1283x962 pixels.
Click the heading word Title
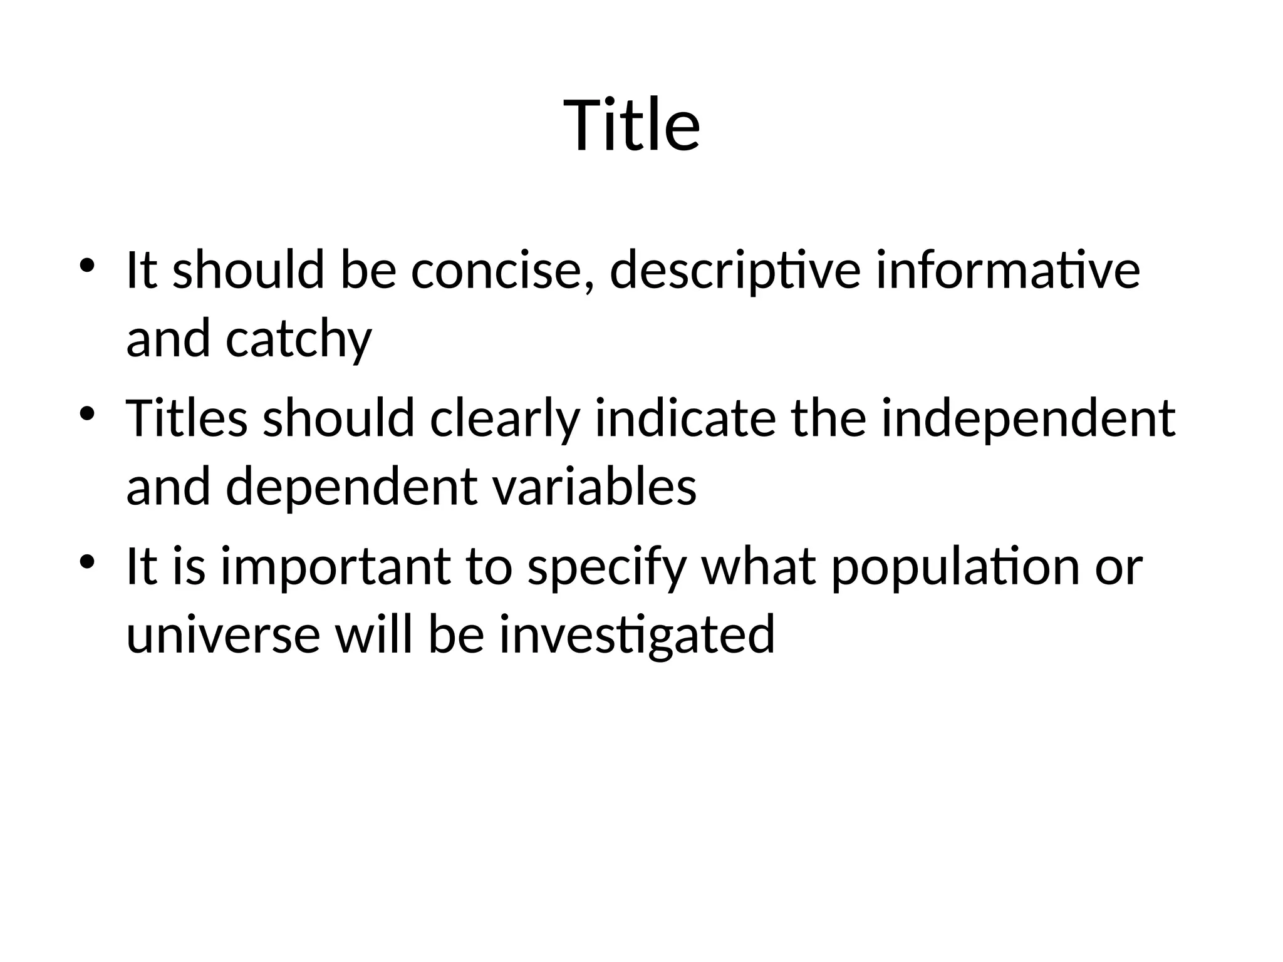631,125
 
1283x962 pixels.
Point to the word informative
1007,271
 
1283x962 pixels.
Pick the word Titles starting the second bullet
187,418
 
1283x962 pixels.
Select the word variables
595,487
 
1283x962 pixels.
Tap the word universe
223,634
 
